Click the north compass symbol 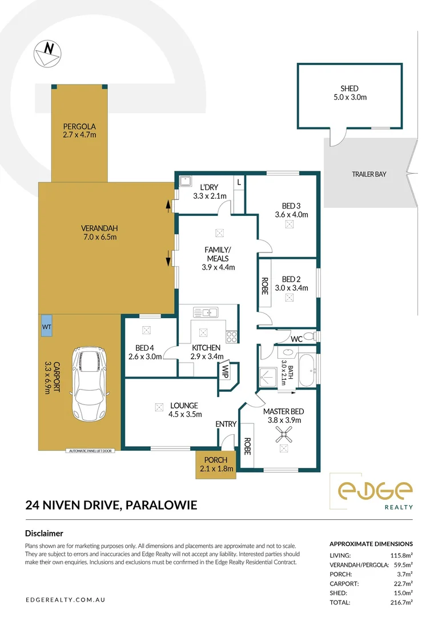45,53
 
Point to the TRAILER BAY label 369,174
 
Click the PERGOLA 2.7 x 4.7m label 79,130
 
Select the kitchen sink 206,312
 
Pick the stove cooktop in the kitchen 231,336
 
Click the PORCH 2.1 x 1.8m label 214,464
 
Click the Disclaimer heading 44,533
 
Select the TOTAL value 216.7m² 400,602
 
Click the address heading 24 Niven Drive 111,504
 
